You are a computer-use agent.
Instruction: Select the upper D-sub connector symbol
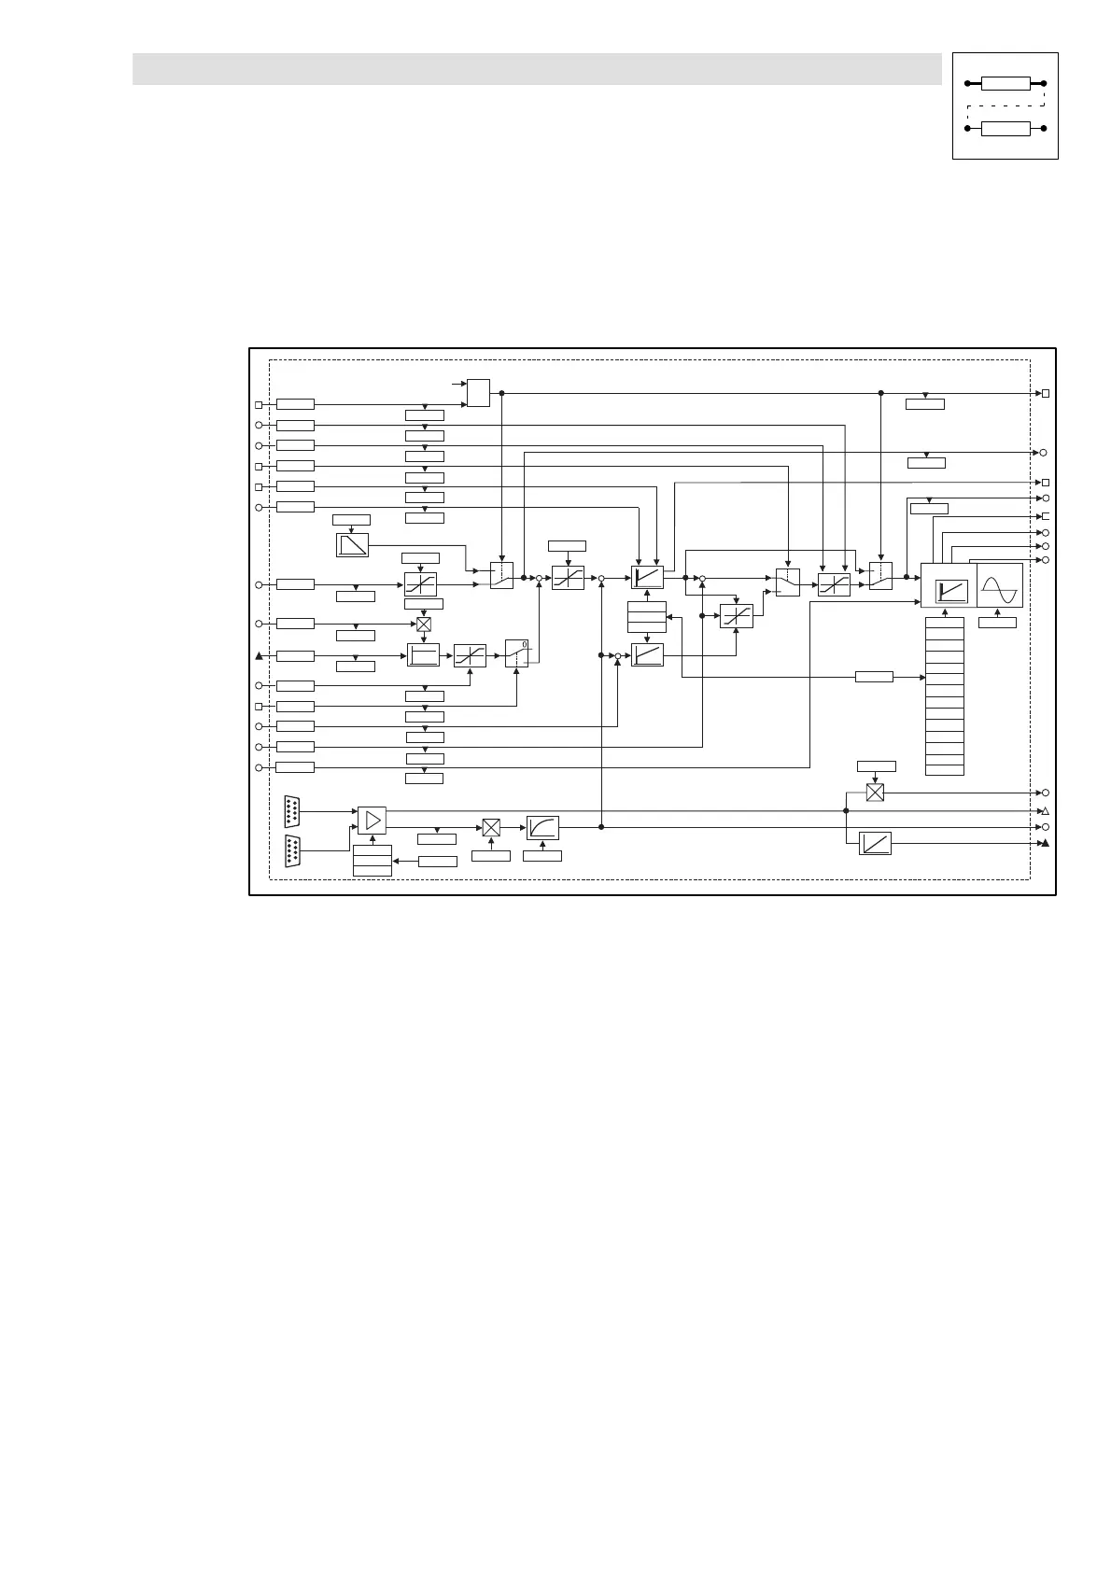click(293, 810)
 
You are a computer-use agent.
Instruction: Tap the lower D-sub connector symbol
click(293, 851)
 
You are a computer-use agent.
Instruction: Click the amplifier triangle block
click(372, 821)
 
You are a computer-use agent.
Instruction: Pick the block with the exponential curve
click(542, 827)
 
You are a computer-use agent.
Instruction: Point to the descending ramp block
click(352, 544)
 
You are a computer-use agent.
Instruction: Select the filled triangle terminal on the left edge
click(260, 655)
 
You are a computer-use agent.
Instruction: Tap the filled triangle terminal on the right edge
click(1046, 843)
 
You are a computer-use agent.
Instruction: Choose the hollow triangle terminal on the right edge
click(1046, 811)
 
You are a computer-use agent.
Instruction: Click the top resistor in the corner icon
click(1006, 84)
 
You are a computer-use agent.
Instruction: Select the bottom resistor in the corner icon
click(1006, 128)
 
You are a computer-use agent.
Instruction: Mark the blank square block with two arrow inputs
click(478, 393)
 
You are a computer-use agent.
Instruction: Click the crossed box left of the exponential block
click(491, 827)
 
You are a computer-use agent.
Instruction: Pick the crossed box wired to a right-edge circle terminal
click(875, 793)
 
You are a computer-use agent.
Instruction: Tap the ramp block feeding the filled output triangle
click(875, 843)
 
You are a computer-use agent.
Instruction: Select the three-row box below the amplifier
click(372, 860)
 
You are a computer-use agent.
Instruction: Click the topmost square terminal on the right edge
click(1046, 394)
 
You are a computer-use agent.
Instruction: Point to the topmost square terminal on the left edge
click(260, 405)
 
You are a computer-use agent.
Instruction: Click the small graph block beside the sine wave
click(951, 592)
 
